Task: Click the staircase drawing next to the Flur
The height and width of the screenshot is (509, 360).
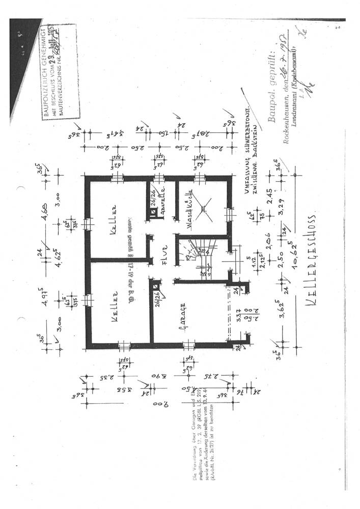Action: [x=200, y=252]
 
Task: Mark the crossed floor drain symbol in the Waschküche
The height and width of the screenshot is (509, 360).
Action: [x=204, y=208]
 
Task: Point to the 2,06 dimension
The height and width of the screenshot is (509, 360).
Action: [x=266, y=235]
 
